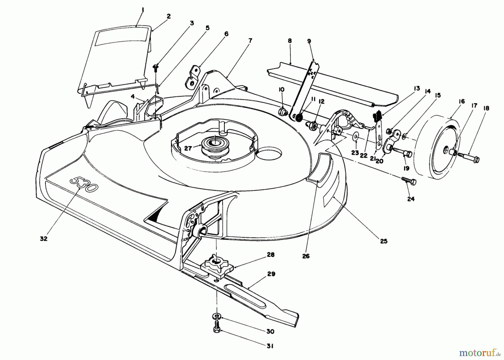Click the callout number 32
tap(43, 239)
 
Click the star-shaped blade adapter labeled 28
tap(215, 262)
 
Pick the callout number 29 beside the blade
tap(271, 274)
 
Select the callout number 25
tap(384, 241)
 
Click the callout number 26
tap(306, 256)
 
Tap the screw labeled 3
tap(155, 67)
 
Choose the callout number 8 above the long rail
tap(290, 41)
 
